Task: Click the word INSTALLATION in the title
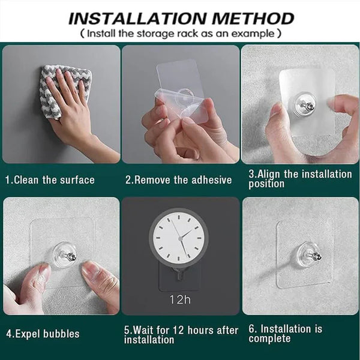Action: [137, 19]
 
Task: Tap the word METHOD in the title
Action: [253, 19]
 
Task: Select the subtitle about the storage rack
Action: [181, 34]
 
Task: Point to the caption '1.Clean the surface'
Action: [50, 180]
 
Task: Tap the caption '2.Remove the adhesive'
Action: [178, 180]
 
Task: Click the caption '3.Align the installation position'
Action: [300, 179]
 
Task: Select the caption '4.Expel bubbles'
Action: [43, 334]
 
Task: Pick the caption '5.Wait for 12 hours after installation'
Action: [181, 335]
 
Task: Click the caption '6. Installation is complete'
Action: [286, 334]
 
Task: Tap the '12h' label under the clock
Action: [180, 299]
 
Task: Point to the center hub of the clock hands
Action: [181, 239]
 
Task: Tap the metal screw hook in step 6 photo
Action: [315, 256]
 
